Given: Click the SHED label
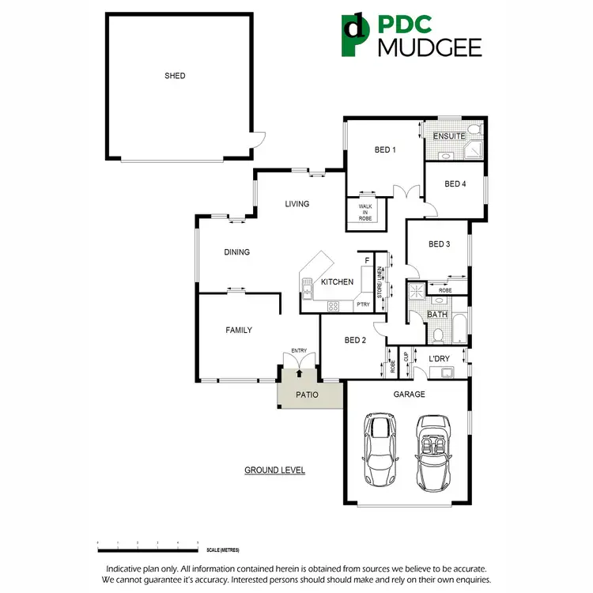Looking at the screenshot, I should [x=175, y=76].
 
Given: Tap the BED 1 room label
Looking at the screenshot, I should [x=384, y=150].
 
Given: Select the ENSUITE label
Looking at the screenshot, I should [x=449, y=136].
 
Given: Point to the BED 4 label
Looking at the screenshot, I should [x=455, y=184].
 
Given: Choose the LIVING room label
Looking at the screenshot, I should [x=297, y=204].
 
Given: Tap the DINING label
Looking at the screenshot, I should [x=236, y=252].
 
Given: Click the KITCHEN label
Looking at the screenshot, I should [x=337, y=282].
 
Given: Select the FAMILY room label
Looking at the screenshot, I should [x=239, y=330].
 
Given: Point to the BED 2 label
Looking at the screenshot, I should [x=355, y=341].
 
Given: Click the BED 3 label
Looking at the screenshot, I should [x=439, y=244].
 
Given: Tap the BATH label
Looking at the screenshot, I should [x=437, y=315].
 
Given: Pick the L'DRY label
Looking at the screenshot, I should [x=439, y=359].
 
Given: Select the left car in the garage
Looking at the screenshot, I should [x=379, y=451].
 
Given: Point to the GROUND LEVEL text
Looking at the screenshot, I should [x=274, y=470].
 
